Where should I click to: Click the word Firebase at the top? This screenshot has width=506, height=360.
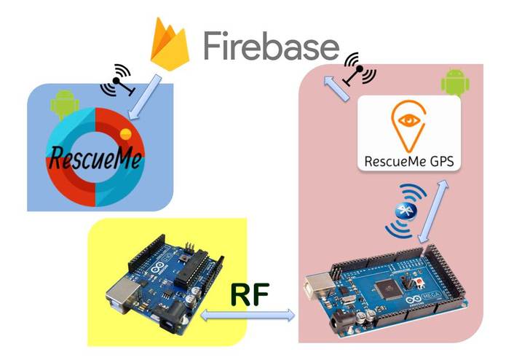[271, 47]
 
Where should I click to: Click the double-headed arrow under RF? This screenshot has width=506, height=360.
[248, 316]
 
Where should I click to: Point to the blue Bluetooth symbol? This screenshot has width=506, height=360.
[404, 211]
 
